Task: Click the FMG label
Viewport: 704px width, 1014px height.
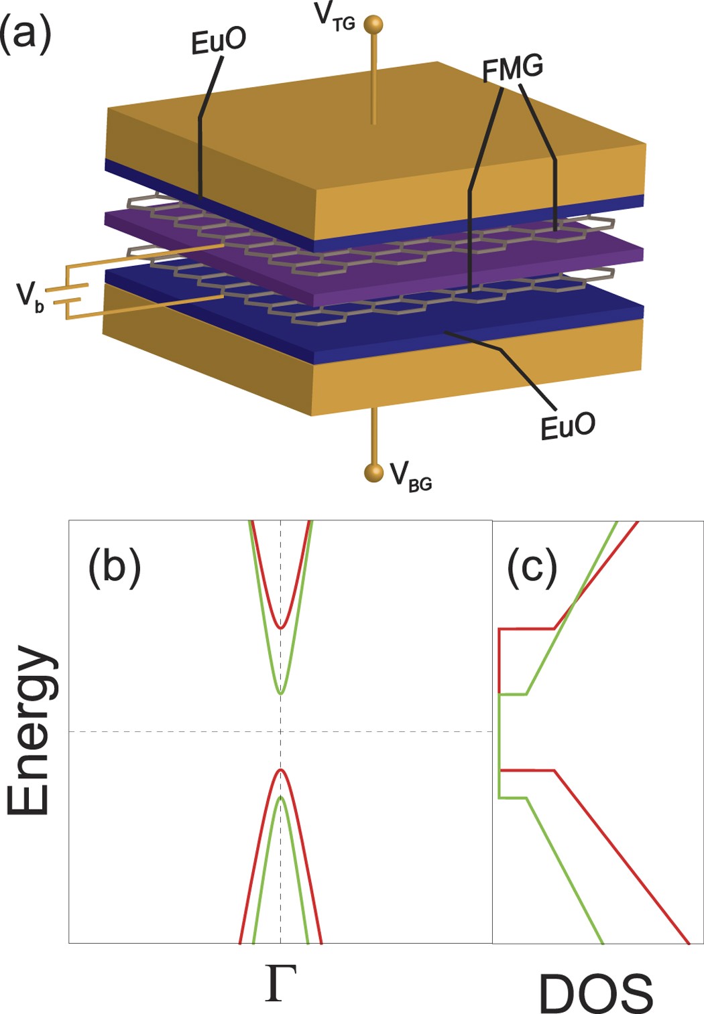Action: pos(513,68)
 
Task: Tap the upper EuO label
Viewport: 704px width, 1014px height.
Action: pos(219,42)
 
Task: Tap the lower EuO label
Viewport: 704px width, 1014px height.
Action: pos(568,426)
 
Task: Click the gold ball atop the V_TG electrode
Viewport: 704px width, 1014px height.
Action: pos(373,25)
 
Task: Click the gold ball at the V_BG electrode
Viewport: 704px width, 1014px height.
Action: pos(373,472)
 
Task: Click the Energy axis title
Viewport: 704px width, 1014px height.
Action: pos(30,730)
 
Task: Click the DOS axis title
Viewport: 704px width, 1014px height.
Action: pos(595,993)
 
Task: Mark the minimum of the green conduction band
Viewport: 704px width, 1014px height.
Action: pos(281,693)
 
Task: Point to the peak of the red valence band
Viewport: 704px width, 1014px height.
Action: pos(282,770)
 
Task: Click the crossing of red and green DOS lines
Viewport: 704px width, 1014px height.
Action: pos(574,606)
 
